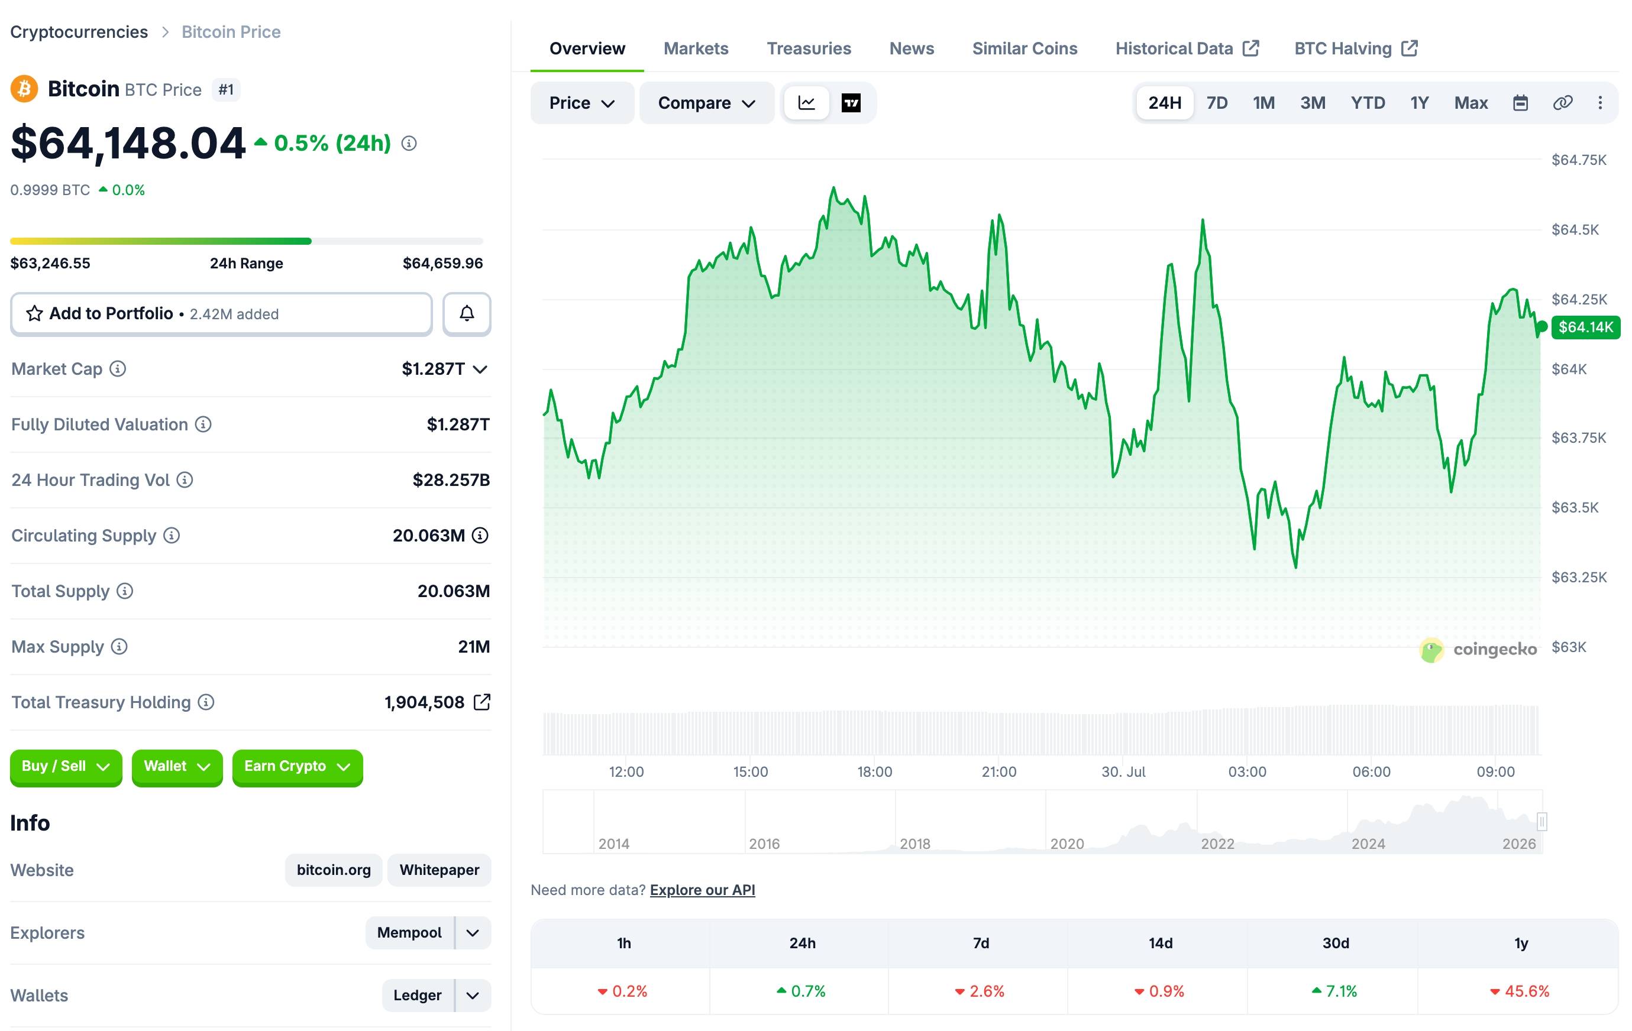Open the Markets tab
click(696, 49)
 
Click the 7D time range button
click(1217, 103)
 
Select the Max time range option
click(1470, 103)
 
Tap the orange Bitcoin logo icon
click(24, 89)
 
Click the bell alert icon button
click(466, 314)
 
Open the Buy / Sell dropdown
click(66, 767)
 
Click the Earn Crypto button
click(297, 767)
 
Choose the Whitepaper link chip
click(439, 870)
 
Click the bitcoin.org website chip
click(334, 870)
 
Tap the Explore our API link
click(702, 890)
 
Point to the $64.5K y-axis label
click(1575, 229)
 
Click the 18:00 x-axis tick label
click(874, 771)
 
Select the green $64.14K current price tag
click(1585, 327)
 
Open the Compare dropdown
click(706, 103)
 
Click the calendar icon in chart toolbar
click(1520, 103)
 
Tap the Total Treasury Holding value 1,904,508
click(424, 702)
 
